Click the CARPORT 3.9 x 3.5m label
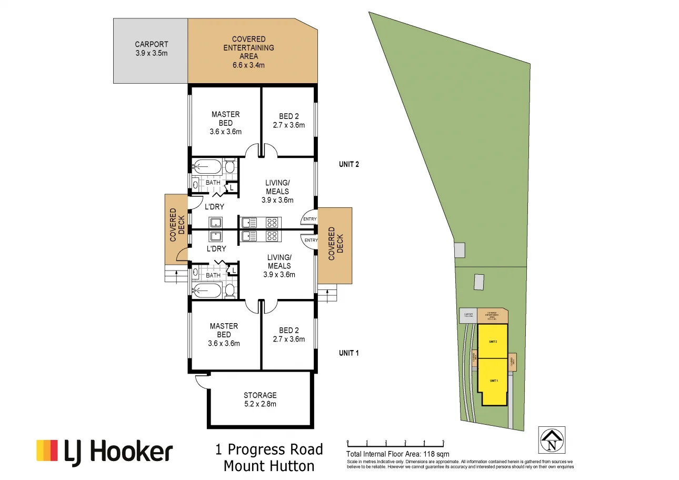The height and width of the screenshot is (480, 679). click(151, 49)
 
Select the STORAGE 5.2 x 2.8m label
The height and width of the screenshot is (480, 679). click(259, 399)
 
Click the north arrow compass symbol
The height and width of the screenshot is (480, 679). click(552, 439)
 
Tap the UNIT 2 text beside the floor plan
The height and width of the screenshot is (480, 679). click(348, 164)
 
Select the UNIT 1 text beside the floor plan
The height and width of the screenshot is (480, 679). click(348, 353)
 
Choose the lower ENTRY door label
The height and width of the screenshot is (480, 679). click(311, 241)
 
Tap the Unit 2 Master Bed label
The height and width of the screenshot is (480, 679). click(225, 123)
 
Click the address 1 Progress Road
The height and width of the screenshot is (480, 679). click(269, 449)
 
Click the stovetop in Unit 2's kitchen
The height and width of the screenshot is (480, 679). click(272, 222)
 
